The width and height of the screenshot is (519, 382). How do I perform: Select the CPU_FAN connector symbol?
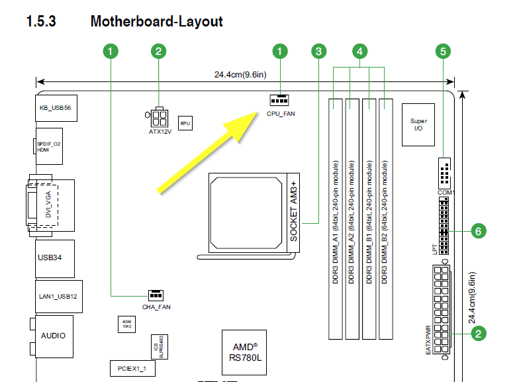coord(279,100)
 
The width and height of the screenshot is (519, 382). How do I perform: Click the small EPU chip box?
coord(185,122)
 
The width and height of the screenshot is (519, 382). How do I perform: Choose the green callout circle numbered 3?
coord(319,50)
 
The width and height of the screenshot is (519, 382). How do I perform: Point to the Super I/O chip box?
coord(418,124)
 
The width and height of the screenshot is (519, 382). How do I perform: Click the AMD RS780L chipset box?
coord(244,352)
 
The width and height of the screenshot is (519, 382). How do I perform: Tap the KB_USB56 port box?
coord(55,108)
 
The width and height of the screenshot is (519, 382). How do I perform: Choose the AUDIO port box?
coord(53,335)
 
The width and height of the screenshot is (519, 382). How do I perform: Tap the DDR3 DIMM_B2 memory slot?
coord(386,218)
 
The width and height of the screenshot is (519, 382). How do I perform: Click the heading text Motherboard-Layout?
coord(156,21)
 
